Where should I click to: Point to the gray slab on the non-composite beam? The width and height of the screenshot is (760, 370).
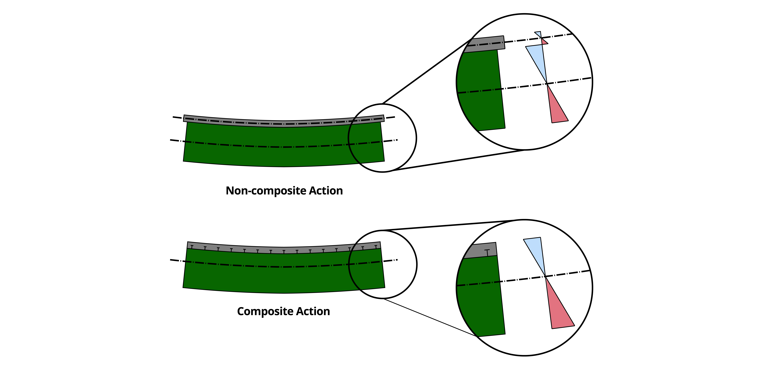click(x=236, y=122)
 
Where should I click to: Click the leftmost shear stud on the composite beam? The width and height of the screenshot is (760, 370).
click(x=192, y=246)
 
